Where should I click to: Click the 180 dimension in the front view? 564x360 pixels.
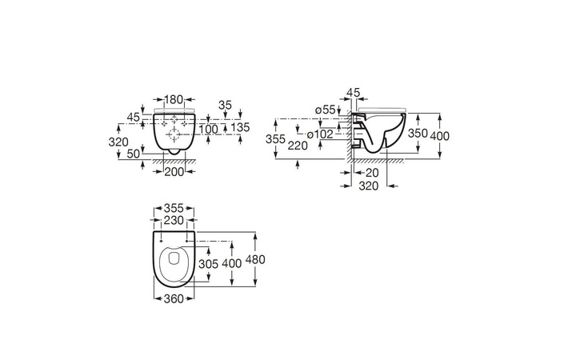coord(174,99)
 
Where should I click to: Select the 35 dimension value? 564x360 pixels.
coord(225,106)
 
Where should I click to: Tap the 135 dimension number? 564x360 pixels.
coord(241,127)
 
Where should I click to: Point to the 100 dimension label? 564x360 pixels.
coord(209,129)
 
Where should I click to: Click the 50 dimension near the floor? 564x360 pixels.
coord(133,154)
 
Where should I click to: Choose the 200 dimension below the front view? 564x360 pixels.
coord(174,172)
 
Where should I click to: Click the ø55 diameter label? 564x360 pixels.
coord(325,110)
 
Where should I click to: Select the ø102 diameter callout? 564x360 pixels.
coord(321,134)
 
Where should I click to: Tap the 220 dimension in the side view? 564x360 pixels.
coord(298,146)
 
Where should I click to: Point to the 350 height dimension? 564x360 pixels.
coord(418,134)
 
